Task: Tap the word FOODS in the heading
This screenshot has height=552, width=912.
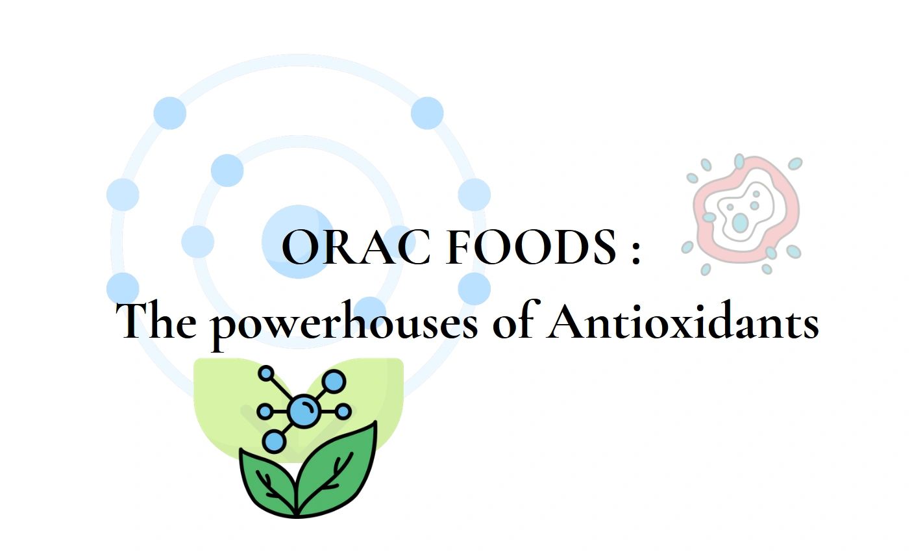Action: pos(531,247)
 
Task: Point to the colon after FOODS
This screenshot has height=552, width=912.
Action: pos(635,250)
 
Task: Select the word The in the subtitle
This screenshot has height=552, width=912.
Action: pos(159,321)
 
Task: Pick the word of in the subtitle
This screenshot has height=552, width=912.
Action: pos(513,321)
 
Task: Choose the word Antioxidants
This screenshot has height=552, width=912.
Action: pos(682,321)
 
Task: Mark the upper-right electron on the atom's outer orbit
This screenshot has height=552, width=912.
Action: pos(427,113)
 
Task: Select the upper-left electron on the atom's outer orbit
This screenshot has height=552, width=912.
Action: pos(170,113)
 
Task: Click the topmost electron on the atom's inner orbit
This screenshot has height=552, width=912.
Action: pos(227,171)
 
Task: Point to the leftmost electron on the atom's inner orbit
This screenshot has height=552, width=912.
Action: pos(197,242)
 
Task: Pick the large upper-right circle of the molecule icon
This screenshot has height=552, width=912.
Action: pos(334,382)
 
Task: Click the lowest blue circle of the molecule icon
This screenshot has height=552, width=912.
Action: pos(275,442)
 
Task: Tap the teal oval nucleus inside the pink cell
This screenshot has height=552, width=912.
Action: pos(740,223)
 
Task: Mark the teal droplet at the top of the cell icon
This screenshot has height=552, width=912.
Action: pos(739,160)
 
